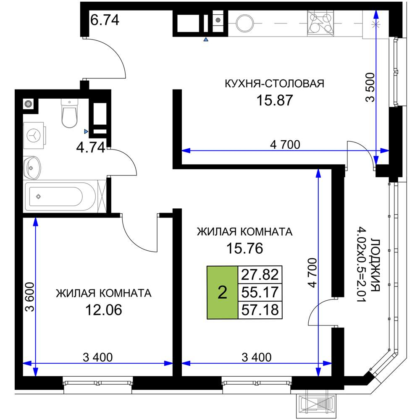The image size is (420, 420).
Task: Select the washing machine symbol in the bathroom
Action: [x=34, y=135]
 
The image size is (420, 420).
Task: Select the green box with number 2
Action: [x=222, y=292]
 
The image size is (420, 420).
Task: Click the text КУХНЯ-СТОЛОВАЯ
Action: [x=275, y=84]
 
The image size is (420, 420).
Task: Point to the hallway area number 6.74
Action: [x=105, y=19]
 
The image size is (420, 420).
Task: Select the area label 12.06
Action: [x=103, y=310]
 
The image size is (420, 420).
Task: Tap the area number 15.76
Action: [x=244, y=248]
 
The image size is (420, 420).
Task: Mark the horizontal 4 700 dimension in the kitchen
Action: [x=285, y=145]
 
